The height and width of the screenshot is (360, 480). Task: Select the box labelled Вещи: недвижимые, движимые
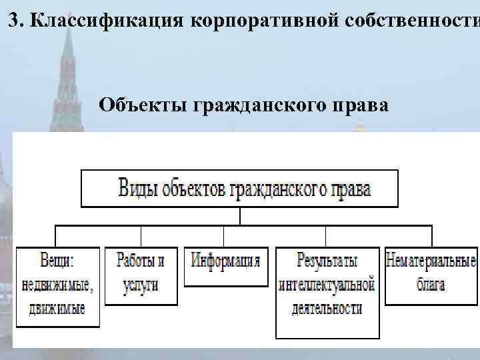[x=58, y=287]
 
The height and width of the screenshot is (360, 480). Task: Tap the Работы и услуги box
[x=141, y=275]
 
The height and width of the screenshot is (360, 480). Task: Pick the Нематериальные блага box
[x=431, y=275]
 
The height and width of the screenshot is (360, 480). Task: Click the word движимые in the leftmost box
[x=58, y=309]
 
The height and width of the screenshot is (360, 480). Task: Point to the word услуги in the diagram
[x=141, y=285]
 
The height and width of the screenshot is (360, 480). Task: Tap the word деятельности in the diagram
[x=327, y=308]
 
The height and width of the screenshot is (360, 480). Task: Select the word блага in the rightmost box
[x=431, y=285]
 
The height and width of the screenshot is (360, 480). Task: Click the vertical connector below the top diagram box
[x=239, y=216]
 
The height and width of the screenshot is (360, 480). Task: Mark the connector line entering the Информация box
[x=223, y=237]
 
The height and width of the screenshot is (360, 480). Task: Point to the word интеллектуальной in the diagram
[x=327, y=285]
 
